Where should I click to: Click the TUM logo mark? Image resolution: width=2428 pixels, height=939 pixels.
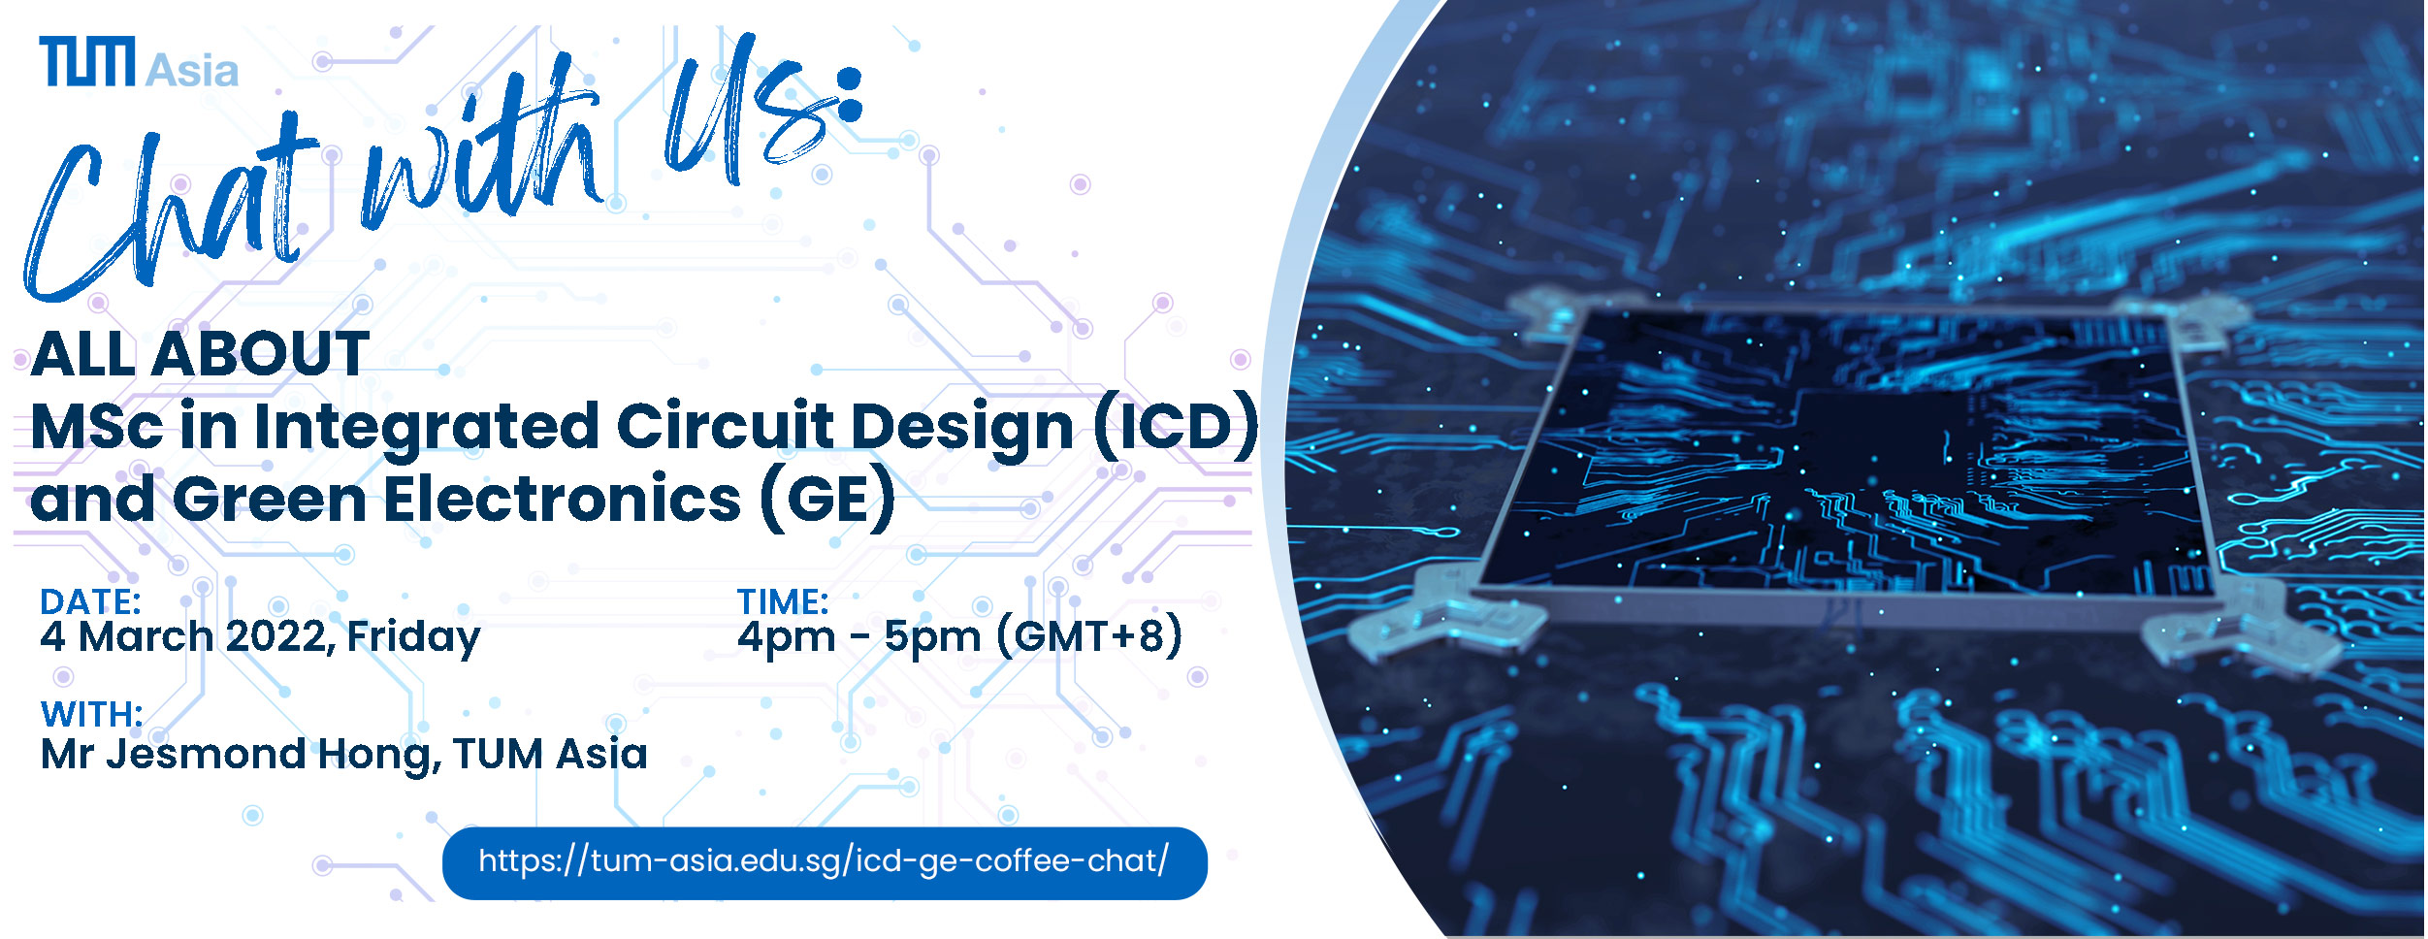click(x=87, y=61)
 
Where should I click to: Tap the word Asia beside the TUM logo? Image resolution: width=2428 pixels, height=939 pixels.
click(x=192, y=70)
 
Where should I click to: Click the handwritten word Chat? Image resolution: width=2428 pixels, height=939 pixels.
click(x=170, y=209)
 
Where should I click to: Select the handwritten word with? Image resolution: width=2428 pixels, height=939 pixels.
click(x=480, y=155)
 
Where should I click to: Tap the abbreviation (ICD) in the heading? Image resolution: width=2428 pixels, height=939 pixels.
click(x=1176, y=427)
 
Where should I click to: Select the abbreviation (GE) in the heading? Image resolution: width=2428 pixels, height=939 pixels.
click(x=828, y=500)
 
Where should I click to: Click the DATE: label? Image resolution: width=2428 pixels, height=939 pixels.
click(x=90, y=601)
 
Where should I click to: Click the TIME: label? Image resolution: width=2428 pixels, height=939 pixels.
click(x=783, y=601)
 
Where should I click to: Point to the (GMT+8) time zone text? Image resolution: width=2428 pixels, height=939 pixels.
click(x=1089, y=636)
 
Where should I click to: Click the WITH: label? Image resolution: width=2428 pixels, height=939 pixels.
click(x=92, y=714)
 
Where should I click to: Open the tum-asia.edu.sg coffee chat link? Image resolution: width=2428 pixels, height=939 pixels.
click(x=825, y=862)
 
